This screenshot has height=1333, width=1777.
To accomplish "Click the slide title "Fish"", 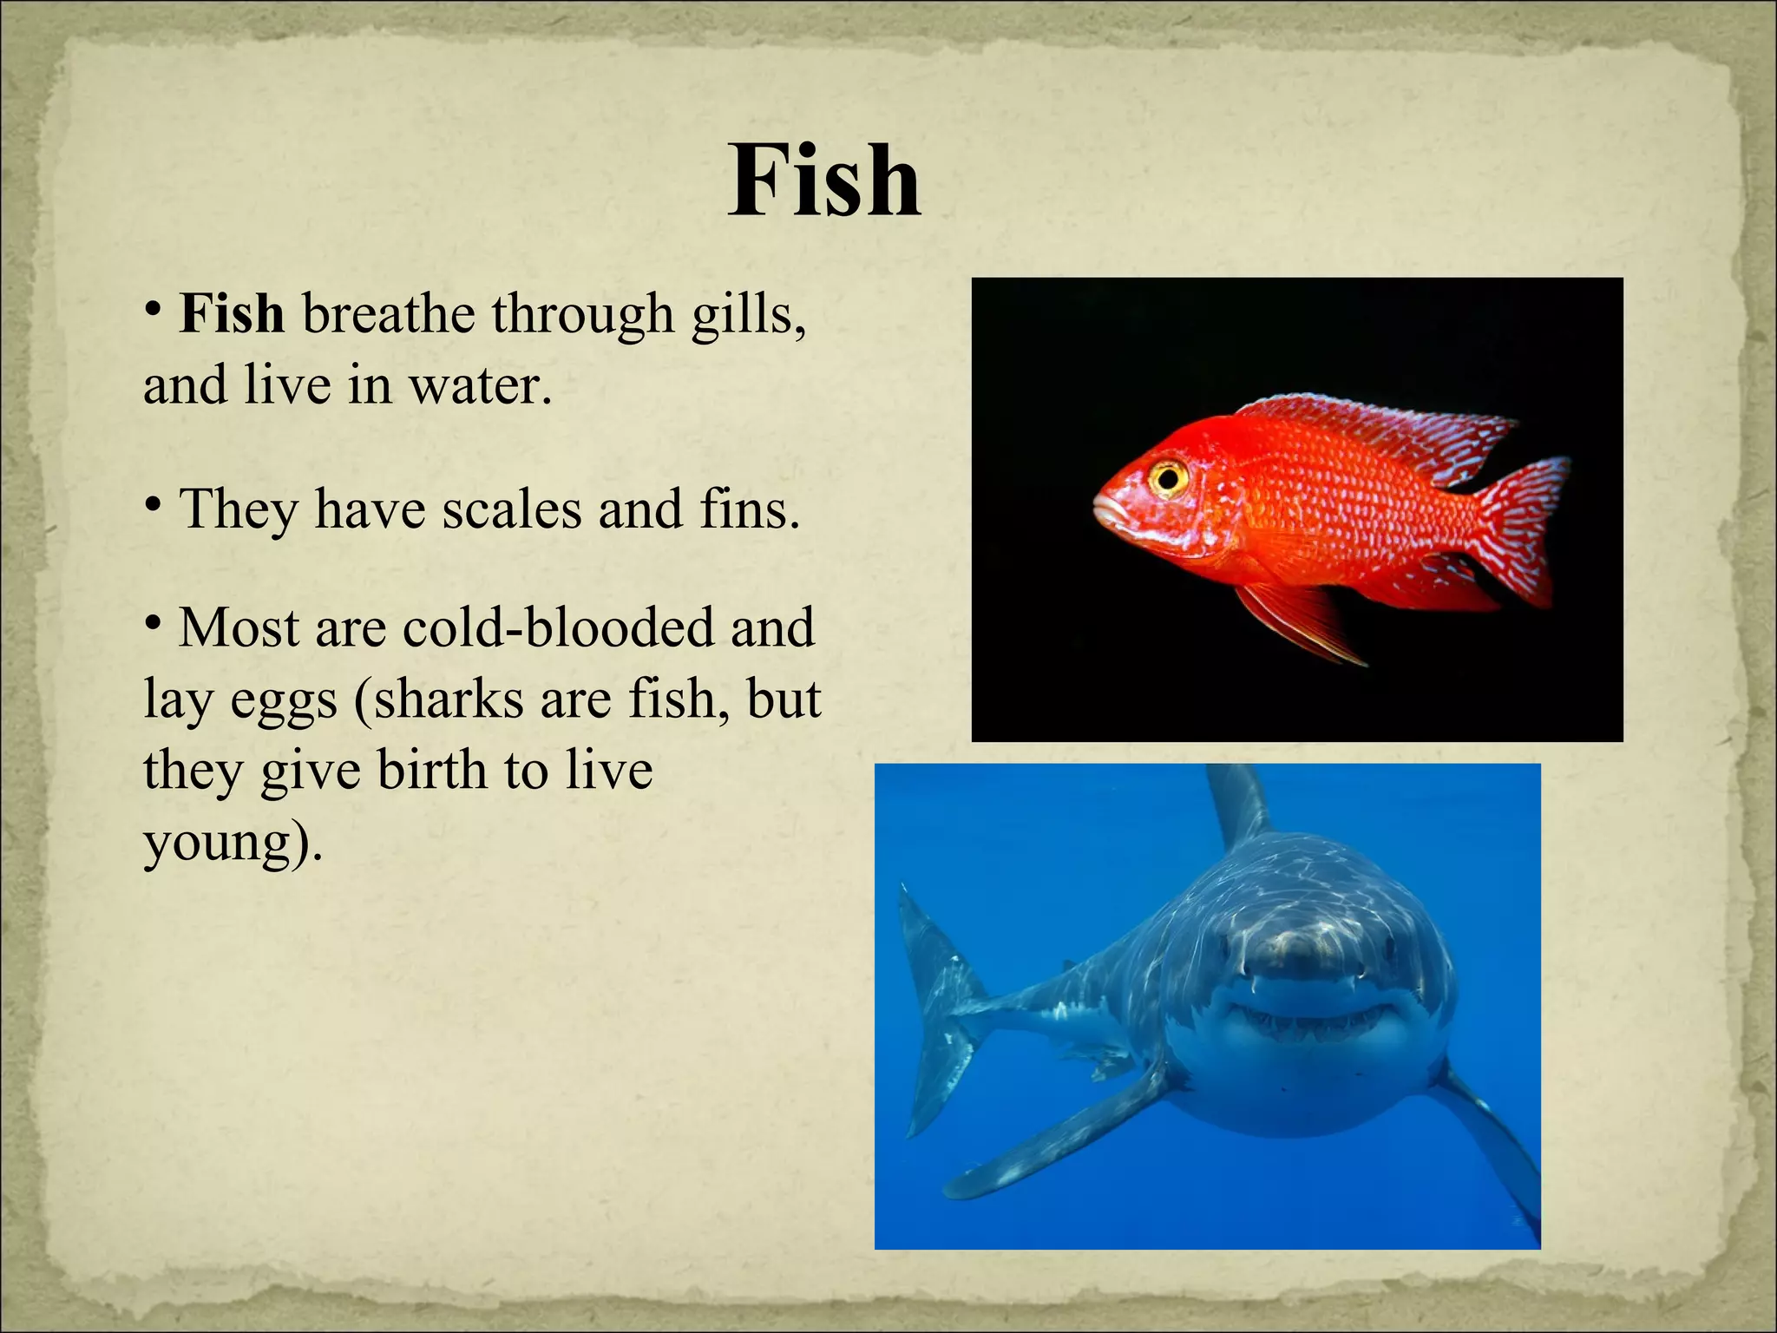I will pyautogui.click(x=823, y=181).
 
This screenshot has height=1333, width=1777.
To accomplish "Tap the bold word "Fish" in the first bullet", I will pyautogui.click(x=232, y=314).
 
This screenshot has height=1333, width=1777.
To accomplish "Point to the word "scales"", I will pyautogui.click(x=512, y=509).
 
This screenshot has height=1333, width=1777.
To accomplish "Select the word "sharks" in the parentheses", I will pyautogui.click(x=448, y=699).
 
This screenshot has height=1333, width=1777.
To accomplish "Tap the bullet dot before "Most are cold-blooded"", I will pyautogui.click(x=153, y=622).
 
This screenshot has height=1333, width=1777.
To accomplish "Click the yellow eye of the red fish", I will pyautogui.click(x=1168, y=476).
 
